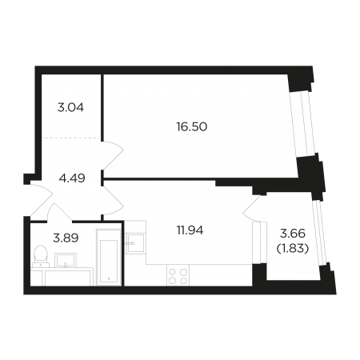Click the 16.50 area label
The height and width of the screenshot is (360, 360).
coord(192,127)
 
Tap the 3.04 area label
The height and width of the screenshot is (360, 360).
coord(70,108)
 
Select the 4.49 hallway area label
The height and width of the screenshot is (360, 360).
coord(72,178)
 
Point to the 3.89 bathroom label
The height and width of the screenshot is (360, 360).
coord(66,238)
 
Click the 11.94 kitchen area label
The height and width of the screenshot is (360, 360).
coord(190,230)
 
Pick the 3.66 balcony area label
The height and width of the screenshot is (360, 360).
coord(293,234)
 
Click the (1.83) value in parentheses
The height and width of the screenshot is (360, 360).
coord(293,249)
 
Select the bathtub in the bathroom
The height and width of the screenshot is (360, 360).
coord(109,257)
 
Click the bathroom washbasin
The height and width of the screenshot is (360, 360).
coord(66,260)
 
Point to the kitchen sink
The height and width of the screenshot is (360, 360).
coord(135,243)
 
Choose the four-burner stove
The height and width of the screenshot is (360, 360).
coord(178,275)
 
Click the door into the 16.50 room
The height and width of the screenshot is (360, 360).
coord(114,156)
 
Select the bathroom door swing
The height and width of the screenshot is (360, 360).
coord(59,212)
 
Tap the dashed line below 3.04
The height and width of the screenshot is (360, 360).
coord(71,138)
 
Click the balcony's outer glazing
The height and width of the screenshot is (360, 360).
coord(319,232)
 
